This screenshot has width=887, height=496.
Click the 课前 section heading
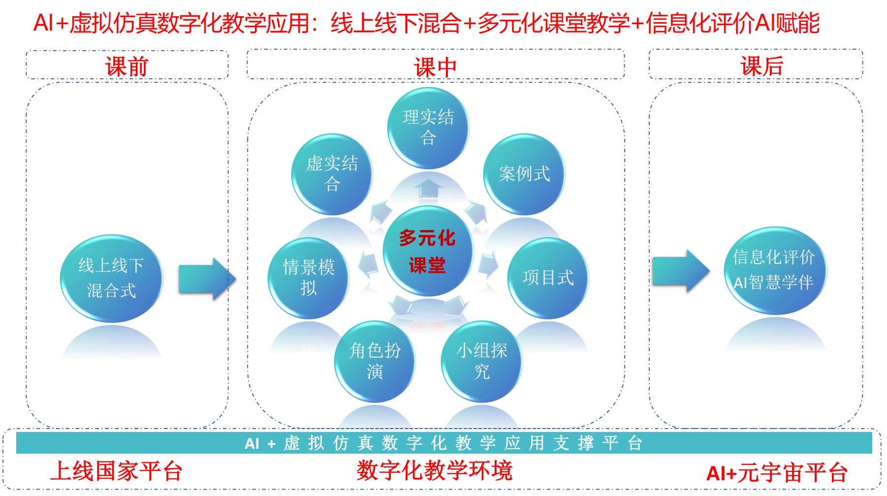coord(127,66)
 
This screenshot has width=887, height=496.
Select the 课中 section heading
coord(435,66)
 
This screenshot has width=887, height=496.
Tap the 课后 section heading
coord(761,66)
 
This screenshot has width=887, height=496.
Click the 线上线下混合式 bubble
coord(111,278)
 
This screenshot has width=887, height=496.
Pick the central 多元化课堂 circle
coord(428,251)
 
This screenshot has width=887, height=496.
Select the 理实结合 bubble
coord(428,128)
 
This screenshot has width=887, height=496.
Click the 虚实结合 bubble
coord(332,174)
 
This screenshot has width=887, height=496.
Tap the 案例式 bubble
coord(524,174)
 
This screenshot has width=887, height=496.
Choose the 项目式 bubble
coord(548,278)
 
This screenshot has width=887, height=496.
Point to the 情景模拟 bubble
coord(308,278)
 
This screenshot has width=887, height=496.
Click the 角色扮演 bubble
coord(375,361)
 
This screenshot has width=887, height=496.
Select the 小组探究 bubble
coord(481,361)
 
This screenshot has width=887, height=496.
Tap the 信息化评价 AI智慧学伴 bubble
coord(774,270)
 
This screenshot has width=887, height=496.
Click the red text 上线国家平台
coord(116,471)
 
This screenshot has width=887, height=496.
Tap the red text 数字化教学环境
coord(435,470)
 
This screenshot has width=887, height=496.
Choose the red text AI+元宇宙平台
coord(776,473)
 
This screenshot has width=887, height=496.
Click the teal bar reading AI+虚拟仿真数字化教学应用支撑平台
coord(443,443)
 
